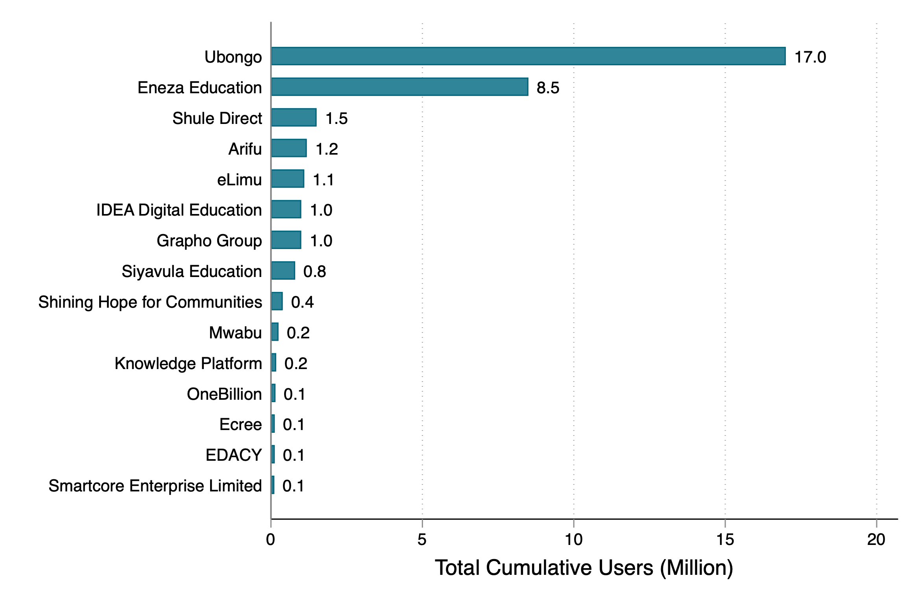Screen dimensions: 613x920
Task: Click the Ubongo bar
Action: click(x=528, y=56)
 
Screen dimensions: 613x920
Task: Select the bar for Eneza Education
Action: click(x=399, y=87)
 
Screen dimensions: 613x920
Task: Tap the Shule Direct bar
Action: click(x=294, y=118)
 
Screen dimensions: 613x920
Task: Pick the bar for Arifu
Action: click(x=289, y=148)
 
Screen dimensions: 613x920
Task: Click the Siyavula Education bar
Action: click(x=283, y=271)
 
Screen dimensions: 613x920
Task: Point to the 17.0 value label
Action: click(x=810, y=57)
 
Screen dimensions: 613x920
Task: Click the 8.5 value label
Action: click(x=548, y=88)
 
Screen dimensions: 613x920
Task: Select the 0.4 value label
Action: click(x=302, y=302)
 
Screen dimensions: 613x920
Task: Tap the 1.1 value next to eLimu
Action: click(x=323, y=180)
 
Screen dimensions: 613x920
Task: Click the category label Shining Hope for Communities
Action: click(x=150, y=302)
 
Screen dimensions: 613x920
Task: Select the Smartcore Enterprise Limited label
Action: click(x=155, y=486)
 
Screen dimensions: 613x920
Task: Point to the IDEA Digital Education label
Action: click(x=179, y=210)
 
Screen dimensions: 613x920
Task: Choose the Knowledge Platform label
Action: click(x=188, y=364)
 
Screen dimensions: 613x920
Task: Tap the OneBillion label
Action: click(x=224, y=394)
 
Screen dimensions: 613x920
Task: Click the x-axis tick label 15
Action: click(x=725, y=539)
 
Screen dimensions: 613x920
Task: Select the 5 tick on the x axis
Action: click(x=422, y=539)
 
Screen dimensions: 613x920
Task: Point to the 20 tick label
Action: click(x=876, y=539)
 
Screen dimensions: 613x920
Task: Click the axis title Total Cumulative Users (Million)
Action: click(x=584, y=568)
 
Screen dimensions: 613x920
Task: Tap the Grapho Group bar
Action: click(x=286, y=240)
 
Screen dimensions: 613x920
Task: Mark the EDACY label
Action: click(x=233, y=455)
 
